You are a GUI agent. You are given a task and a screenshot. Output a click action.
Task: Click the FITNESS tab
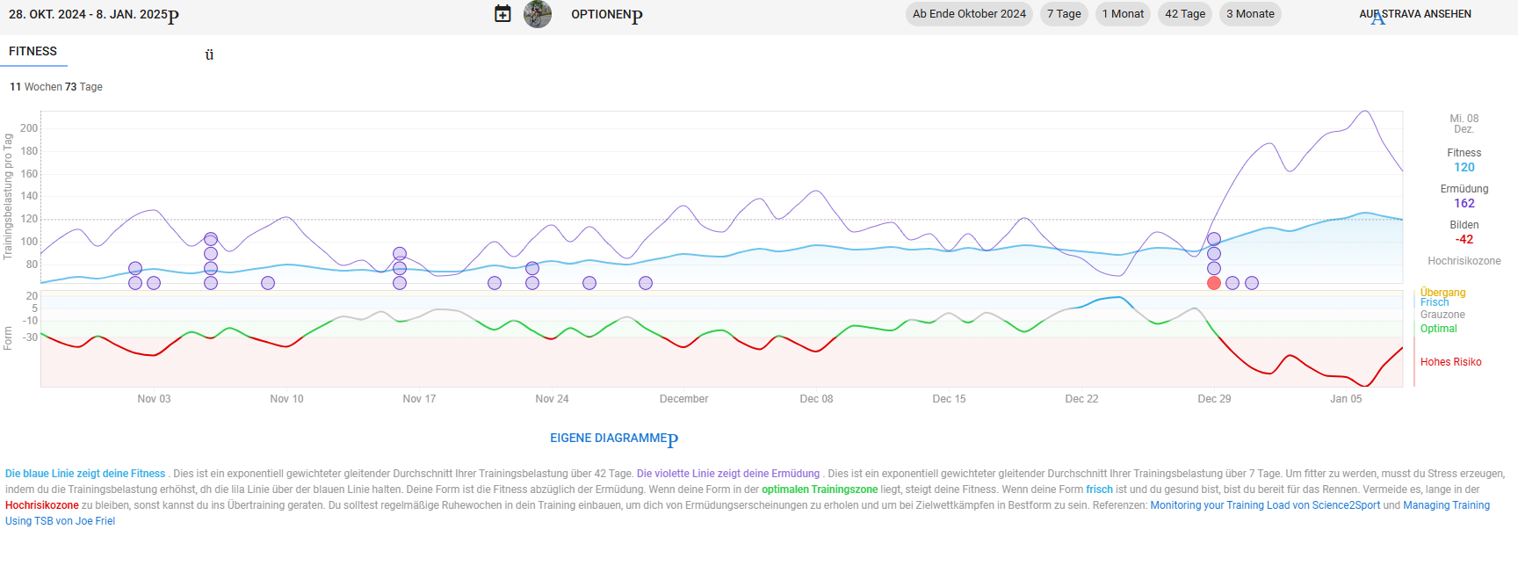point(33,52)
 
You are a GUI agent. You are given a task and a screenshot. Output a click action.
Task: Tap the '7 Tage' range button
point(1064,14)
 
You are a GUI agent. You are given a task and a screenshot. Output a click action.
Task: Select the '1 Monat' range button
point(1123,14)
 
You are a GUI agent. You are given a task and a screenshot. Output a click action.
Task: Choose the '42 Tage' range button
point(1185,14)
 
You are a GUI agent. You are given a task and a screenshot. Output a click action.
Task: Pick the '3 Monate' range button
point(1250,14)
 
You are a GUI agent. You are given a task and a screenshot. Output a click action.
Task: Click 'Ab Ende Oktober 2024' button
point(969,14)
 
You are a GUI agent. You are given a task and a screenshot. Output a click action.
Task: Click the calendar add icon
point(502,14)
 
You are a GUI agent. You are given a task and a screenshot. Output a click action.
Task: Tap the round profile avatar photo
point(538,14)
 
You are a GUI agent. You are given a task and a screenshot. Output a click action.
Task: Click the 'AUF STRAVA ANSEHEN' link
point(1415,14)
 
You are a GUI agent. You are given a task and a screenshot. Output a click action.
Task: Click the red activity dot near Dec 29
point(1214,283)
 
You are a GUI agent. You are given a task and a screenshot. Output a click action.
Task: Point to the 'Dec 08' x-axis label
point(816,399)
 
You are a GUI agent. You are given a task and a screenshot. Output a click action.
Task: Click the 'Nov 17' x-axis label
point(419,399)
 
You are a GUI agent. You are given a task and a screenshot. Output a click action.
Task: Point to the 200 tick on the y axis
point(29,128)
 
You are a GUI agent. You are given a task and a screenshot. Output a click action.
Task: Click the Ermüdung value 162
point(1464,203)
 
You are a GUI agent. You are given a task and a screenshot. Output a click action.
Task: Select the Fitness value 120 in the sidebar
point(1464,167)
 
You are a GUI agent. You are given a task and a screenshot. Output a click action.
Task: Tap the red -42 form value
point(1464,239)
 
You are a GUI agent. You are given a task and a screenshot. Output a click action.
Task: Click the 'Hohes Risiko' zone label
point(1450,362)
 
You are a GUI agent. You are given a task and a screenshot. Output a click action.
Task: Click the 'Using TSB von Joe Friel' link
point(60,521)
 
